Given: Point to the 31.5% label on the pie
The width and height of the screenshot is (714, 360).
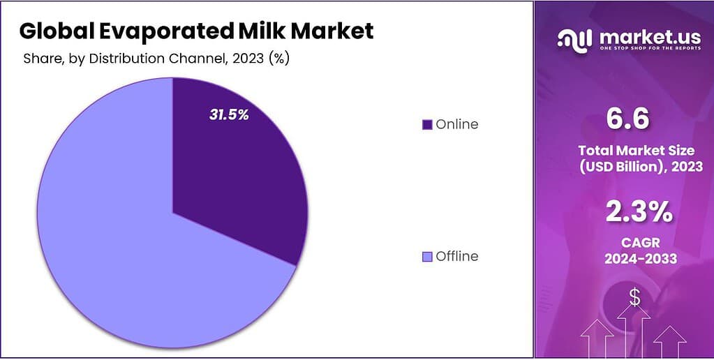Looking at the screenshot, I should (x=229, y=114).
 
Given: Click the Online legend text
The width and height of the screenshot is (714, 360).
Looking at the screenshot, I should (x=457, y=124).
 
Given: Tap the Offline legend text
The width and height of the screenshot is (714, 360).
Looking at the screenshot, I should (x=457, y=256).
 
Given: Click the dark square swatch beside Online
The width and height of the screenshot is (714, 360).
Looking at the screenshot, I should (x=427, y=125).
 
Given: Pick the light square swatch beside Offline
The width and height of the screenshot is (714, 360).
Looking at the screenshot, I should (x=427, y=257).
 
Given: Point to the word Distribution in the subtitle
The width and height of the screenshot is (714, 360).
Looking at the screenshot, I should (x=124, y=59).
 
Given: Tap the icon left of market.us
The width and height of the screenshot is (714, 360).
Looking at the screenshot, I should (x=574, y=40).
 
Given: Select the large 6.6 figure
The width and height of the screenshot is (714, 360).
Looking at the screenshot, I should (x=627, y=119).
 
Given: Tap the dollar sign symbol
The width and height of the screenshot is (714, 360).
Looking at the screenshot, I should (x=634, y=298).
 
